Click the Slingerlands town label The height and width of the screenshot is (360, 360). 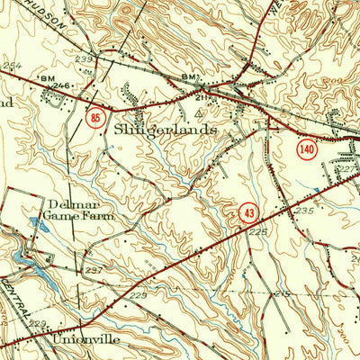pyautogui.click(x=166, y=129)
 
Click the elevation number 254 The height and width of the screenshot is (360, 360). pyautogui.click(x=11, y=67)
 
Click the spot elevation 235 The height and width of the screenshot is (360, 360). pyautogui.click(x=303, y=210)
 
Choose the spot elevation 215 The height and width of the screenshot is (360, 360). pyautogui.click(x=283, y=294)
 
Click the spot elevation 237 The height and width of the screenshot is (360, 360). pyautogui.click(x=94, y=269)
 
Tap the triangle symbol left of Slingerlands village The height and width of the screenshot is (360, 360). pyautogui.click(x=198, y=115)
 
